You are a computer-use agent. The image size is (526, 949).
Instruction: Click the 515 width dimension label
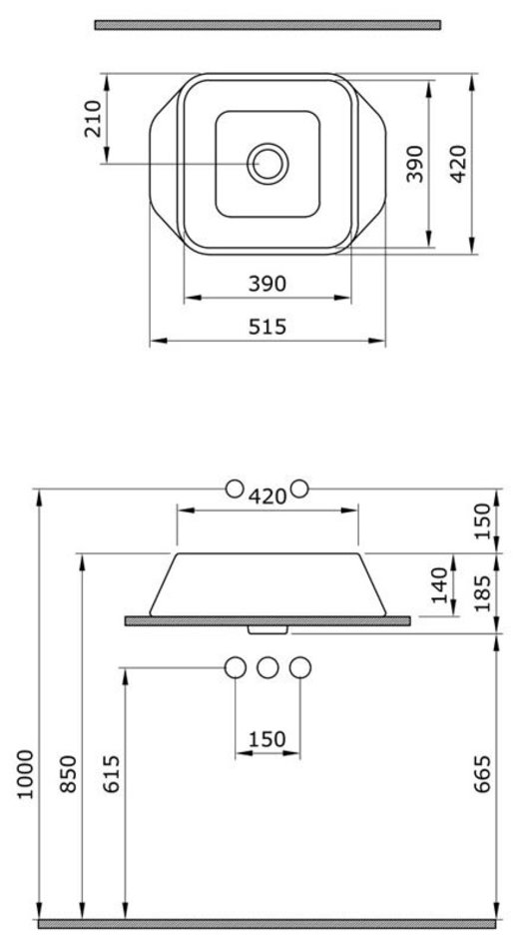point(267,327)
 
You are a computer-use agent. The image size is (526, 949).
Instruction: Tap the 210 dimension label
point(93,119)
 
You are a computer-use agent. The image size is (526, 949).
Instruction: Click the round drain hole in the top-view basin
point(267,164)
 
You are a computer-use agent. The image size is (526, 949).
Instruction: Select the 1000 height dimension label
point(25,774)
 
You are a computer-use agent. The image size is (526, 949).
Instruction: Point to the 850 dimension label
point(68,774)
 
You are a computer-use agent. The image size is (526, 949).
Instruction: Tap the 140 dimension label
point(440,585)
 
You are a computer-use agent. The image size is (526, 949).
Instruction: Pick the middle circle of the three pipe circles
point(267,667)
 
